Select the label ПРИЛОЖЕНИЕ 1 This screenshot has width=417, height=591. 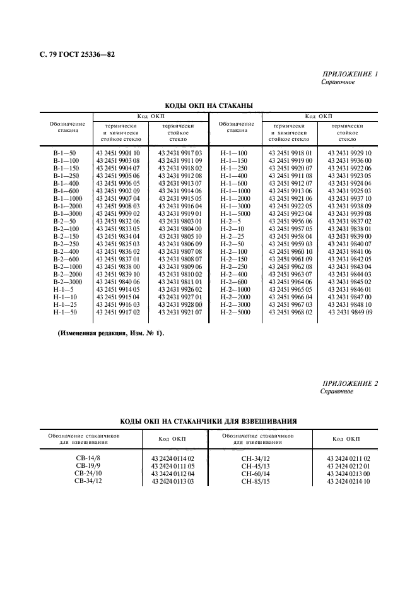tap(349, 75)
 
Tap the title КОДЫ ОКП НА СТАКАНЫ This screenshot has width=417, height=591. tap(209, 106)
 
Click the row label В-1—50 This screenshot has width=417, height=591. tap(64, 153)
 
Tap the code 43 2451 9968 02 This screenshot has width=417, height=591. tap(290, 312)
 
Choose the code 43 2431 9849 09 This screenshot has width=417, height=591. tap(350, 312)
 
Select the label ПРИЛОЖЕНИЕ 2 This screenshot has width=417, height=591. tap(349, 384)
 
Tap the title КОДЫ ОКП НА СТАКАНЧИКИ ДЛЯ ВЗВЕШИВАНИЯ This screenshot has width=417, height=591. tap(209, 420)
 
